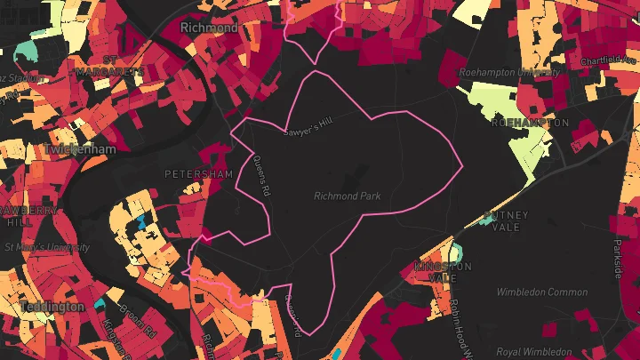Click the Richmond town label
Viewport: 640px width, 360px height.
209,28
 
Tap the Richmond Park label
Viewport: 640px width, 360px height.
352,196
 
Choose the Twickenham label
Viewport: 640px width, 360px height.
79,150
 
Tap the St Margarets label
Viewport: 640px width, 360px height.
110,66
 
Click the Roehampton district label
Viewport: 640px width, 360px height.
530,122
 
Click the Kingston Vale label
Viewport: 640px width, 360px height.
443,272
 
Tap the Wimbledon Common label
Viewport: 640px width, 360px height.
542,292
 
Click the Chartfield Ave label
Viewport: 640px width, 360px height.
609,60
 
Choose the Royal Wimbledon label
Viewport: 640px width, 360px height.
534,351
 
